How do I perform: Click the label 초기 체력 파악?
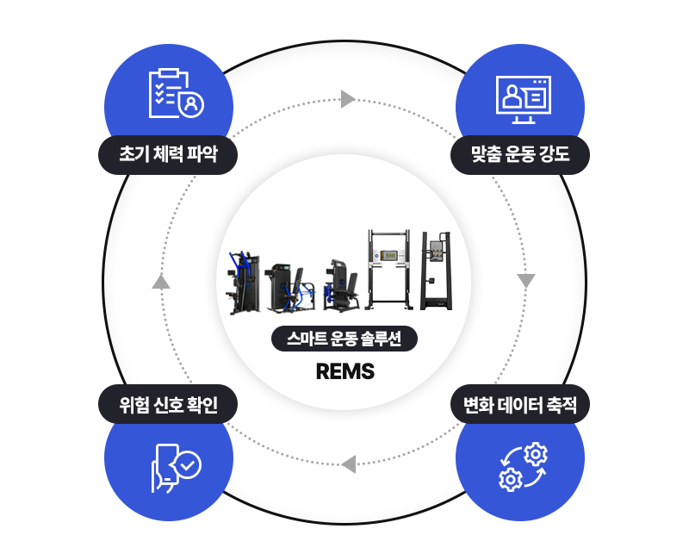pyautogui.click(x=168, y=155)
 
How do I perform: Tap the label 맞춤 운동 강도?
pyautogui.click(x=520, y=155)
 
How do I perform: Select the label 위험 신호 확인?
pyautogui.click(x=168, y=404)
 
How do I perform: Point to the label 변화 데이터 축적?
pyautogui.click(x=520, y=404)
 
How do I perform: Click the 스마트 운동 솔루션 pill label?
pyautogui.click(x=344, y=339)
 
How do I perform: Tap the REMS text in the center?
pyautogui.click(x=345, y=371)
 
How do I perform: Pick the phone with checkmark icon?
pyautogui.click(x=176, y=468)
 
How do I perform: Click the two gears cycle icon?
pyautogui.click(x=524, y=467)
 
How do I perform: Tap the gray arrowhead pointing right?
pyautogui.click(x=348, y=99)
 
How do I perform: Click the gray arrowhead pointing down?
pyautogui.click(x=526, y=281)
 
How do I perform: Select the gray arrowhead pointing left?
pyautogui.click(x=349, y=464)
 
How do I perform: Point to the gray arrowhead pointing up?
pyautogui.click(x=161, y=282)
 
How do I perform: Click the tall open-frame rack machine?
pyautogui.click(x=389, y=270)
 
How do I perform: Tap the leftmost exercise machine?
pyautogui.click(x=242, y=283)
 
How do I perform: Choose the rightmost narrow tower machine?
pyautogui.click(x=436, y=271)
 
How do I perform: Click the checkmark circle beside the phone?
pyautogui.click(x=189, y=465)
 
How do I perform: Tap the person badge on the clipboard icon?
pyautogui.click(x=191, y=104)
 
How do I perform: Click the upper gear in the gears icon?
pyautogui.click(x=536, y=455)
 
